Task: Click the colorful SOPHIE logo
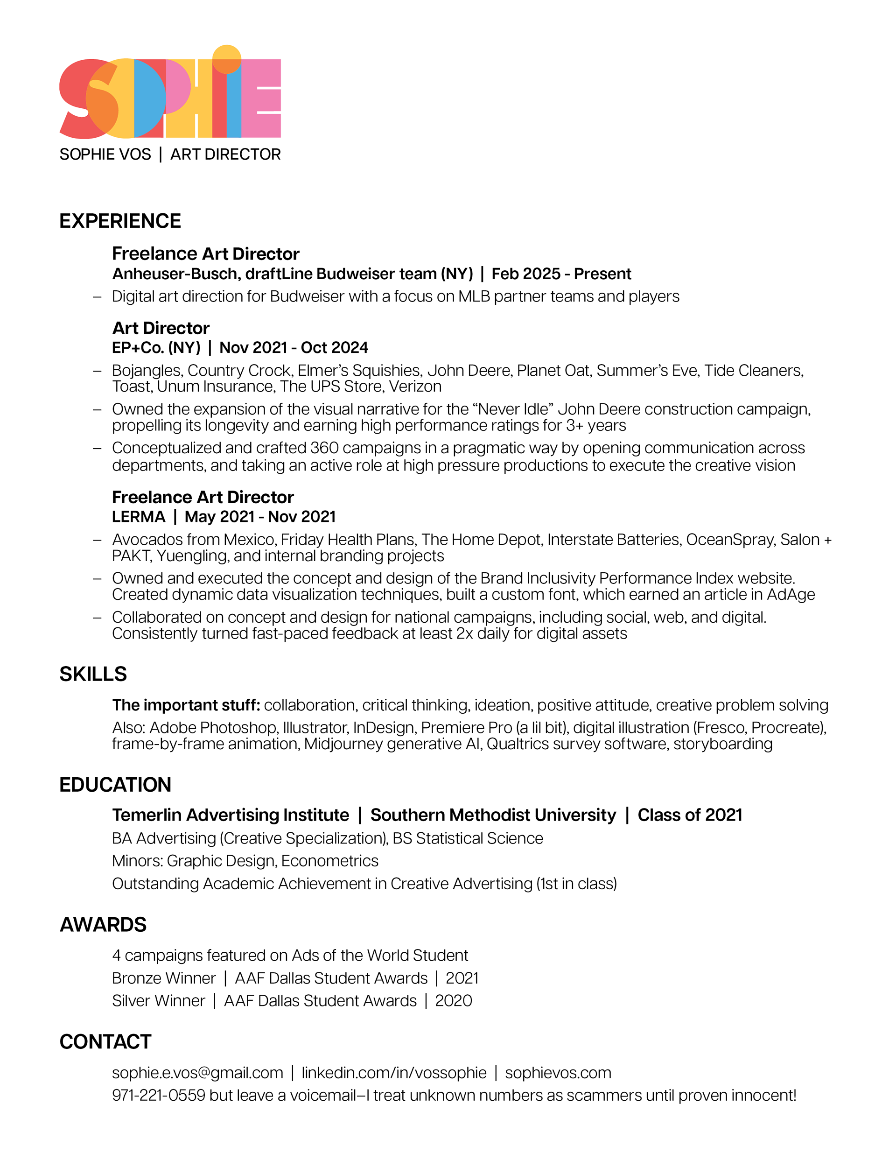[169, 98]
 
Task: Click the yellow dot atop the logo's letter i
[227, 58]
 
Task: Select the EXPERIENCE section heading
[120, 221]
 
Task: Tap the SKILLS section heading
[93, 674]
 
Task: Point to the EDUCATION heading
[115, 785]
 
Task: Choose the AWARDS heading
[103, 925]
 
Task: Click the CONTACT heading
[105, 1041]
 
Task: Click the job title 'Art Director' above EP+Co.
[161, 328]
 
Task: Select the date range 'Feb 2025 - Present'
[561, 274]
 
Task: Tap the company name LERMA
[138, 516]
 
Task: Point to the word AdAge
[791, 594]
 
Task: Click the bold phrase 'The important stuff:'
[186, 705]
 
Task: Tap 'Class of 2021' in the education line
[689, 815]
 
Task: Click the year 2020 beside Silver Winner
[453, 1001]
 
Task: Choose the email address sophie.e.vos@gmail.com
[197, 1072]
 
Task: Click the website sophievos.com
[558, 1072]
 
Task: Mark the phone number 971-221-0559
[158, 1095]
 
